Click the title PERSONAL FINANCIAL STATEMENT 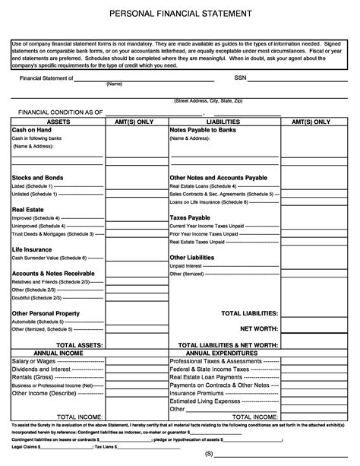180,14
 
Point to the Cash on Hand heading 31,130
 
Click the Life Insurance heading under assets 32,249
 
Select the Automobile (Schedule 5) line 37,322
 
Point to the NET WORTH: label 259,329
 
